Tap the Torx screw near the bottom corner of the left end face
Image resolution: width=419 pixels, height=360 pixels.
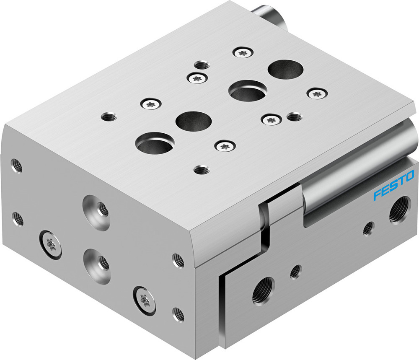(x=145, y=299)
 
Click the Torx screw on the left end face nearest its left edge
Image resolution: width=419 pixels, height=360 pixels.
(x=51, y=244)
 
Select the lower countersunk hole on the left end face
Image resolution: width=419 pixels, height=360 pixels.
(x=97, y=262)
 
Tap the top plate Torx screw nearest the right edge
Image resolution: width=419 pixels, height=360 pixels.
(x=317, y=93)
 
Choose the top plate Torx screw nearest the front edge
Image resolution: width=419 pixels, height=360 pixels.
(x=225, y=145)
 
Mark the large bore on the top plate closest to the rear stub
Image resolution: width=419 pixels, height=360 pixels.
(x=285, y=68)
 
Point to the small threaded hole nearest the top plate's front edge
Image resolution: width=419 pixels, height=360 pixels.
(x=202, y=170)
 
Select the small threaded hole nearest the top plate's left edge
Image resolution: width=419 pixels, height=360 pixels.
(x=109, y=116)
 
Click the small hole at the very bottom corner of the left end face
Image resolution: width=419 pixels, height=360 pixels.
(x=178, y=314)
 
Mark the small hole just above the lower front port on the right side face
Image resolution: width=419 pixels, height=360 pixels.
(x=295, y=272)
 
